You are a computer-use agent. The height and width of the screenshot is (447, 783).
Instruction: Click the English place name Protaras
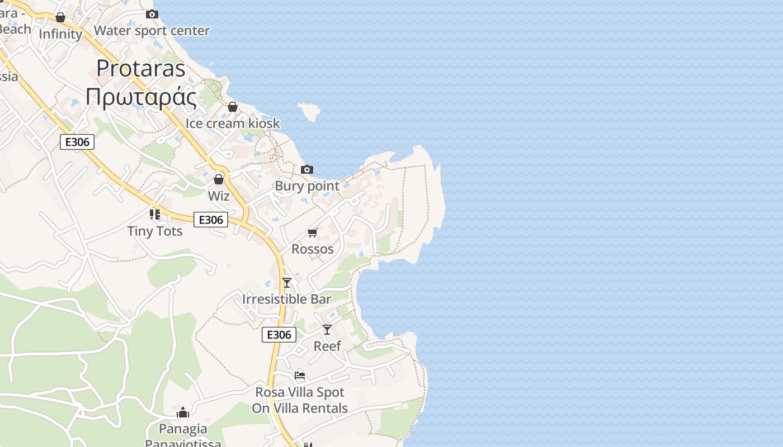[x=141, y=68]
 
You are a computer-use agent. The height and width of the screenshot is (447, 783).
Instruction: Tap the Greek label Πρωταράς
[x=141, y=97]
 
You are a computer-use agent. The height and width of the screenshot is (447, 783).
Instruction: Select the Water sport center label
[x=152, y=31]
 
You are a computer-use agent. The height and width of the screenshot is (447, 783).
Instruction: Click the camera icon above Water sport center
[x=152, y=14]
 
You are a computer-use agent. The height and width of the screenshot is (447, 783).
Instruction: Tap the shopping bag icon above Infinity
[x=60, y=17]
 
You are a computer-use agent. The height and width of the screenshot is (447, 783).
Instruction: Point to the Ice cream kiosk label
[x=233, y=123]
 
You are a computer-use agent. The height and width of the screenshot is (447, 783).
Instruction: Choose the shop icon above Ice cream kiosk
[x=233, y=107]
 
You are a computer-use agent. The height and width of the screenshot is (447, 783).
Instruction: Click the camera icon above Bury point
[x=306, y=169]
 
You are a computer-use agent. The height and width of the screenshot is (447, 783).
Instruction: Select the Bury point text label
[x=307, y=186]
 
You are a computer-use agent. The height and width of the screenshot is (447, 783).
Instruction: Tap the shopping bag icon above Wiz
[x=219, y=179]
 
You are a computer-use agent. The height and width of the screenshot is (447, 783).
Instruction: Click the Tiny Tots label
[x=155, y=231]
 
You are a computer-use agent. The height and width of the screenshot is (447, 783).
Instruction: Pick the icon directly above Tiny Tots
[x=155, y=214]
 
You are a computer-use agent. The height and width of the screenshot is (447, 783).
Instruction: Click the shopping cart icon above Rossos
[x=313, y=232]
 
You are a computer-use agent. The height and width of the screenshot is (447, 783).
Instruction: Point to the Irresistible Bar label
[x=287, y=299]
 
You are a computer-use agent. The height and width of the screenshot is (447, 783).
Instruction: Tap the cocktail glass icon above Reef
[x=327, y=330]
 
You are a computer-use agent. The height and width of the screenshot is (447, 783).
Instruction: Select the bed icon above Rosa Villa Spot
[x=300, y=375]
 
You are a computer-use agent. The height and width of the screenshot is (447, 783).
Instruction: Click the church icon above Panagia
[x=183, y=413]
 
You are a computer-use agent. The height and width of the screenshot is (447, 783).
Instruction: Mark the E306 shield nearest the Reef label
[x=279, y=335]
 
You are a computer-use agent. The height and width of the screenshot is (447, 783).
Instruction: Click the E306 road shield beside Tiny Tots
[x=211, y=220]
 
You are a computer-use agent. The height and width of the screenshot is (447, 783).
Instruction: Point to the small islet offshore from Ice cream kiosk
[x=309, y=111]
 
